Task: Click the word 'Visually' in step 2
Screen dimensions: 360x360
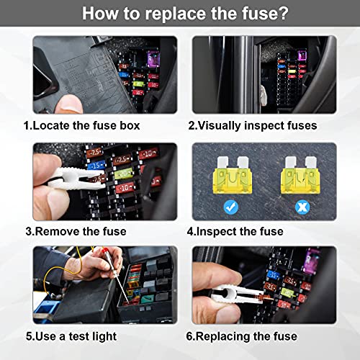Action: (225, 125)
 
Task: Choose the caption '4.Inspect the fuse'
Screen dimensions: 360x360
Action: (235, 231)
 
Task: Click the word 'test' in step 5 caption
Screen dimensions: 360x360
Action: (96, 336)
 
